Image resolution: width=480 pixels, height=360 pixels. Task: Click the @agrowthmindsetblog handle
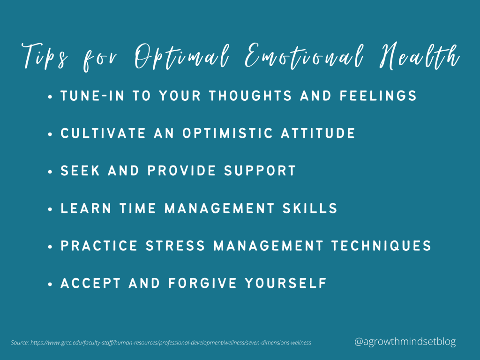(405, 342)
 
